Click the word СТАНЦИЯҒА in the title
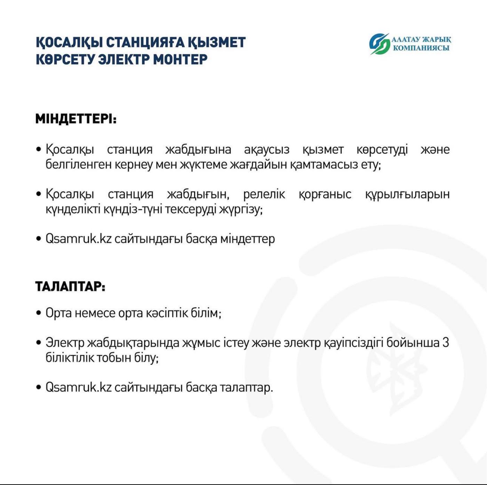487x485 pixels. (x=145, y=42)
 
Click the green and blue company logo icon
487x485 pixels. (x=379, y=44)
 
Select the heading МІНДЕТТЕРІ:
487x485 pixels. (x=76, y=119)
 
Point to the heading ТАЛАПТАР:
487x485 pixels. (x=70, y=287)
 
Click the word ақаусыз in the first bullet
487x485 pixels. (x=266, y=149)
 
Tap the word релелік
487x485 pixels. (x=264, y=194)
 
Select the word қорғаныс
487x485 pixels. (x=325, y=194)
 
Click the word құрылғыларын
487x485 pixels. (x=407, y=194)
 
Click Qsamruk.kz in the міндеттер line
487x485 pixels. (x=78, y=239)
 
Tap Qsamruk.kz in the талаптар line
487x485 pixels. (x=78, y=387)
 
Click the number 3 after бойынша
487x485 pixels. (x=446, y=343)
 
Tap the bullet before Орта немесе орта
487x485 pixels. (x=39, y=313)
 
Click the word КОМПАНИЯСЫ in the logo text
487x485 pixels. (x=421, y=48)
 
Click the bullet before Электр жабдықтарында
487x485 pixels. (x=39, y=343)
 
